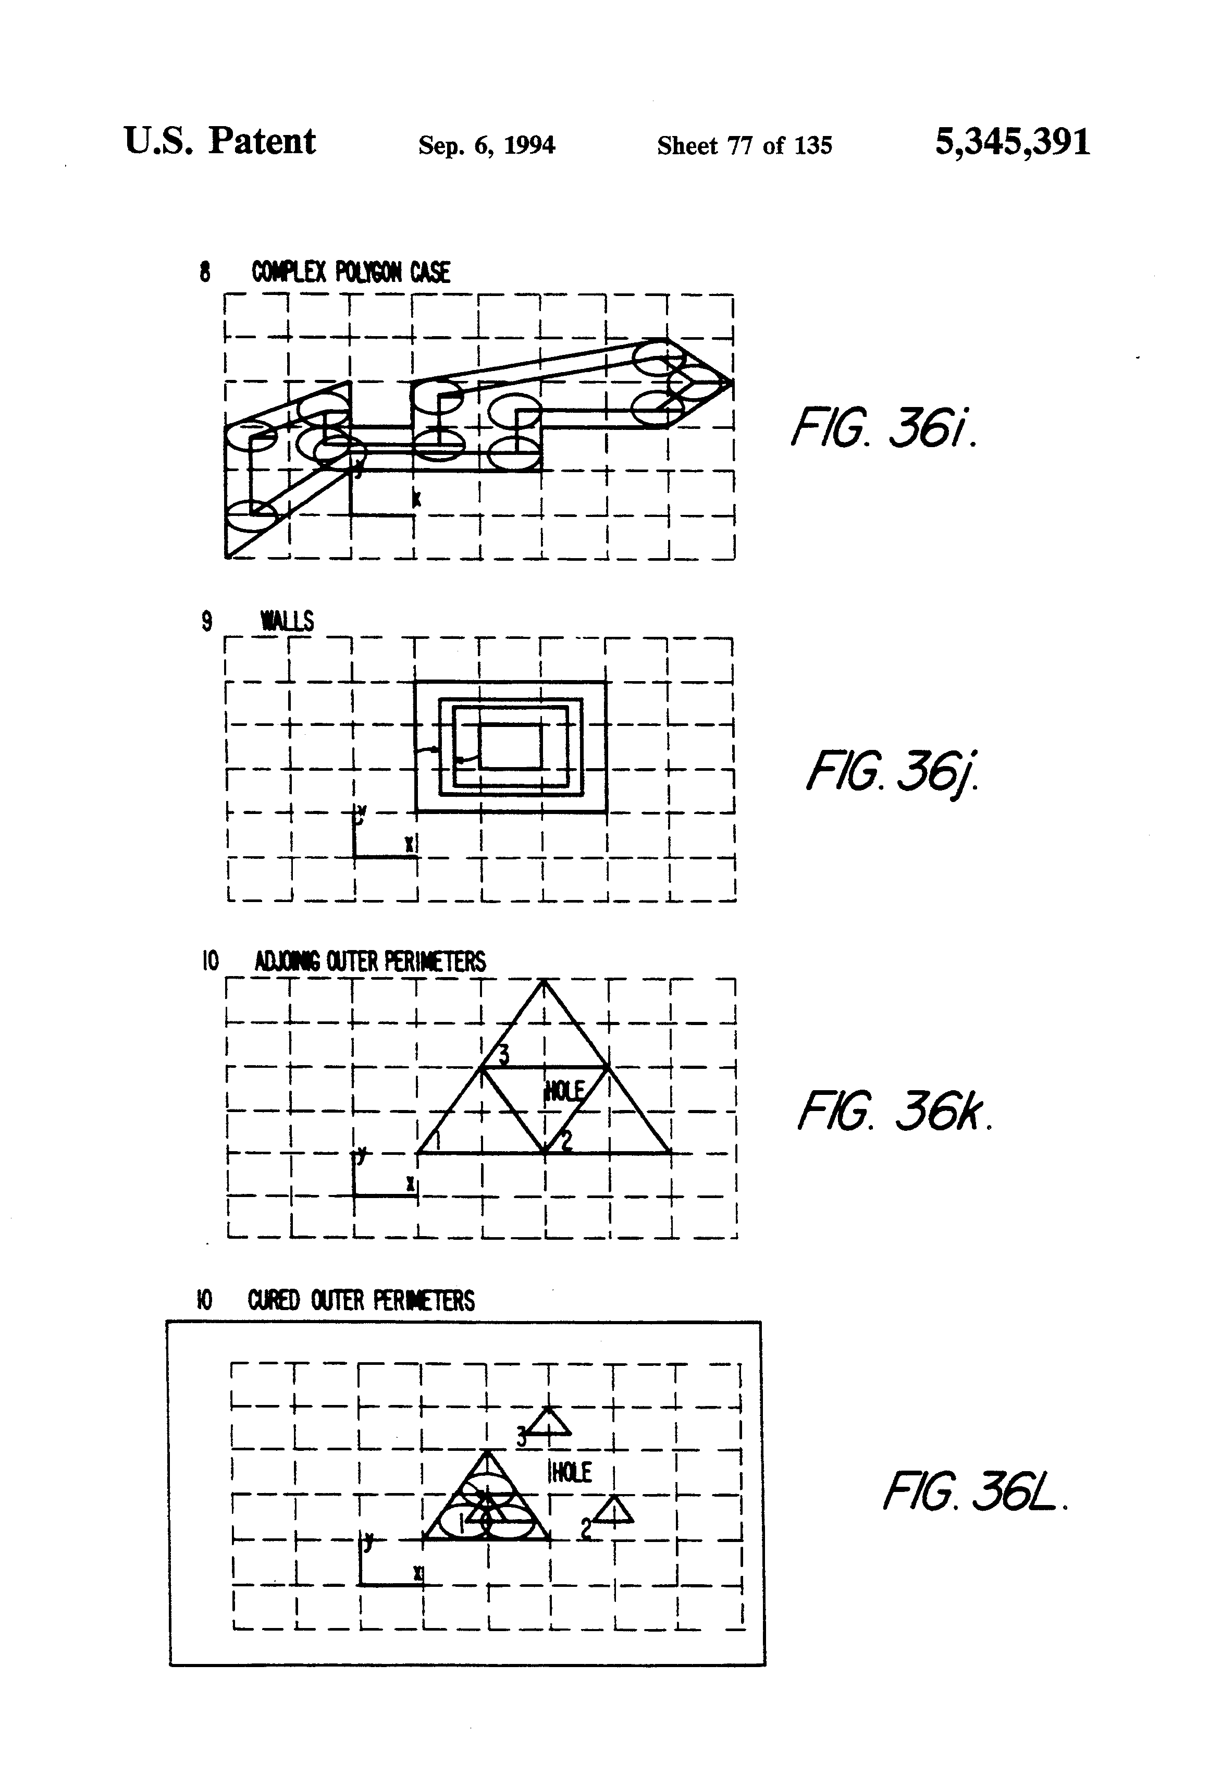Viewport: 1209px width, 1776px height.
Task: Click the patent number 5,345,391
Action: pos(1012,142)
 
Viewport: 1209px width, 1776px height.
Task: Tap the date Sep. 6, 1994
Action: pos(487,145)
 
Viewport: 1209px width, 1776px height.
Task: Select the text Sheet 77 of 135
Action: pos(744,145)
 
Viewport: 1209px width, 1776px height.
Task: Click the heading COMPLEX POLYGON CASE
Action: pos(351,272)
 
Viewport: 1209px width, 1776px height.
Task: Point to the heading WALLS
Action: pos(287,621)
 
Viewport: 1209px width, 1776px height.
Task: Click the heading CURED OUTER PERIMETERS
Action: pos(361,1300)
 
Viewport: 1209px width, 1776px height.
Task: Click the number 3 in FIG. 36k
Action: pos(503,1055)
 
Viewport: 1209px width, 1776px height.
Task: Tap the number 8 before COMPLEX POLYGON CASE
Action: pos(205,272)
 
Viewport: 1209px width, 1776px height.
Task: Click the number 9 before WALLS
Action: pos(206,621)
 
